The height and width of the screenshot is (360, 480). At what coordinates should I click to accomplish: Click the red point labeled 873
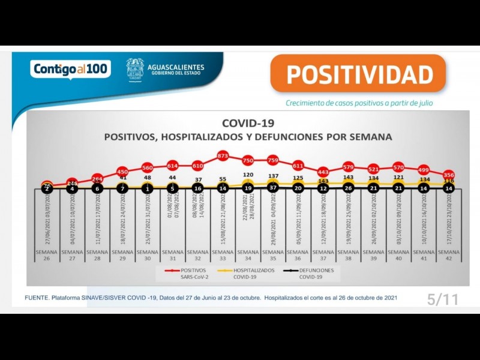[x=223, y=155]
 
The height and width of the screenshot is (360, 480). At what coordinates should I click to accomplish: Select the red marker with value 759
[x=272, y=160]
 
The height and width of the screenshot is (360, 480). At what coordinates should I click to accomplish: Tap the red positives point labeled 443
[x=323, y=172]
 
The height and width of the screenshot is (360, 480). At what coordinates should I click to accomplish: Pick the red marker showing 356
[x=448, y=175]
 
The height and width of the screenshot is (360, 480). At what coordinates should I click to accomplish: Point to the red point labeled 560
[x=148, y=167]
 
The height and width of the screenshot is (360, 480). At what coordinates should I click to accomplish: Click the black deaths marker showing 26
[x=347, y=188]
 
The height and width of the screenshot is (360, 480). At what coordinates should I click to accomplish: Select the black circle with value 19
[x=248, y=188]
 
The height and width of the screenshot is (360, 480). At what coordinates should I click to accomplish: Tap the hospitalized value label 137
[x=272, y=177]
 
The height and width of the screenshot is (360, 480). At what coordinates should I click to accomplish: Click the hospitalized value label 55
[x=223, y=179]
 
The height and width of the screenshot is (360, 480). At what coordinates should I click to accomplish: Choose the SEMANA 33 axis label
[x=223, y=256]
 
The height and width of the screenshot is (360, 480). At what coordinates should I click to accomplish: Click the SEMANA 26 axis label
[x=47, y=256]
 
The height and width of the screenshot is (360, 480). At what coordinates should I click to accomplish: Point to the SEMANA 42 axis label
[x=448, y=256]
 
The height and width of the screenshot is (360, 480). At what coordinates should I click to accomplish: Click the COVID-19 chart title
[x=248, y=124]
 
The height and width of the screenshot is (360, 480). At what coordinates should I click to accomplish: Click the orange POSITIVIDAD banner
[x=359, y=74]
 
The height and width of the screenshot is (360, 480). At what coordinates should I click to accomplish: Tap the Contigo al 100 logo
[x=70, y=69]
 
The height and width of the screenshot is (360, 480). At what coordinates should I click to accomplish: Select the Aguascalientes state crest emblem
[x=135, y=68]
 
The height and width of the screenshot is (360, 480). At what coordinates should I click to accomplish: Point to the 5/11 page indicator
[x=442, y=300]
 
